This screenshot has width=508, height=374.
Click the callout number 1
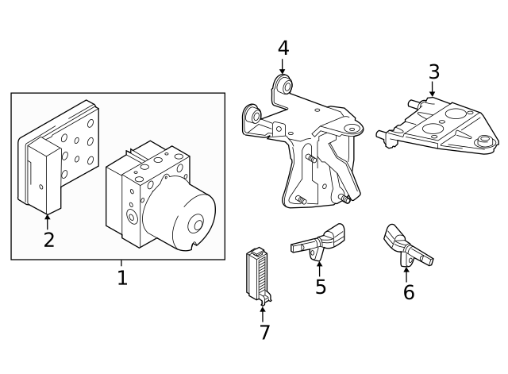[x=121, y=278]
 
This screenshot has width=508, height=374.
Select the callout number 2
[x=49, y=240]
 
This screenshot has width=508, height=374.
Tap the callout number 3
[x=433, y=71]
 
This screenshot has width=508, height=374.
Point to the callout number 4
[x=283, y=48]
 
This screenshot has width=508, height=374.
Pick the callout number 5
[x=320, y=287]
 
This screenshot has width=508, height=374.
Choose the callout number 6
[x=408, y=291]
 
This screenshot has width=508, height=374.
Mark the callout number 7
[x=264, y=332]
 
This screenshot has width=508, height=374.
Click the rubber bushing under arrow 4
[x=283, y=85]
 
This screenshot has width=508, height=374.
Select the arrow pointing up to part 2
[x=48, y=220]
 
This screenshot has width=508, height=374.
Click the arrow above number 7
[x=263, y=312]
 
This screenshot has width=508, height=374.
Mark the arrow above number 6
[x=406, y=272]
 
